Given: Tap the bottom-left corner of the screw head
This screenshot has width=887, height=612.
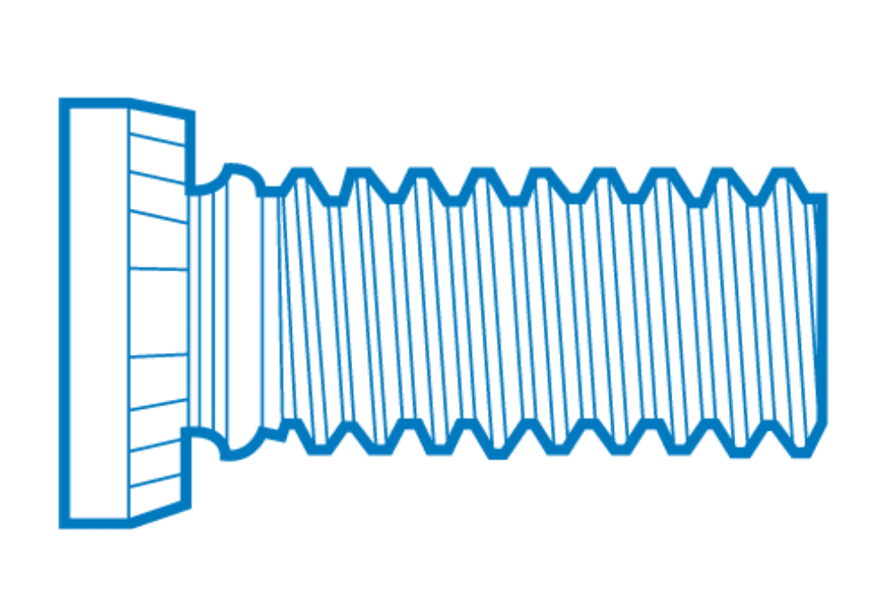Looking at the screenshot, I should (x=64, y=523).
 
